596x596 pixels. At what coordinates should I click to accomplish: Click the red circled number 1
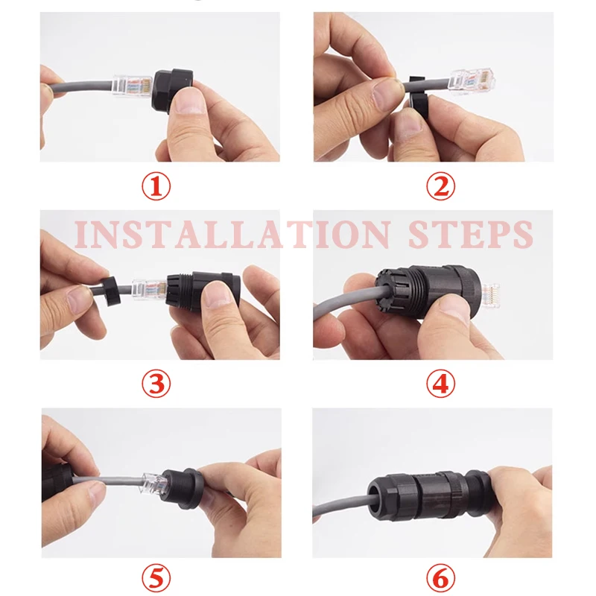(x=156, y=186)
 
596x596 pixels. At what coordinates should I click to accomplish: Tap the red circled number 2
(x=441, y=186)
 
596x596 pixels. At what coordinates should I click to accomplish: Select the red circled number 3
(x=156, y=384)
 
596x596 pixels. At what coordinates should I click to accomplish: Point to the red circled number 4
(x=441, y=384)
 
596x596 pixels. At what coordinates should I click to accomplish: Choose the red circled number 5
(x=156, y=578)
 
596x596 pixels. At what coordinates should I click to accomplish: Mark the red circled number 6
(x=441, y=578)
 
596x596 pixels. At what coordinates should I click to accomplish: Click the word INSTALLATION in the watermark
(x=232, y=234)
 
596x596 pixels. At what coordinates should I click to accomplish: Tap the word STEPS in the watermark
(x=472, y=234)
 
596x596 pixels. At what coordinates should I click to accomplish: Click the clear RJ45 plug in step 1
(x=133, y=86)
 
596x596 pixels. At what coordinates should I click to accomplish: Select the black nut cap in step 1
(x=172, y=89)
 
